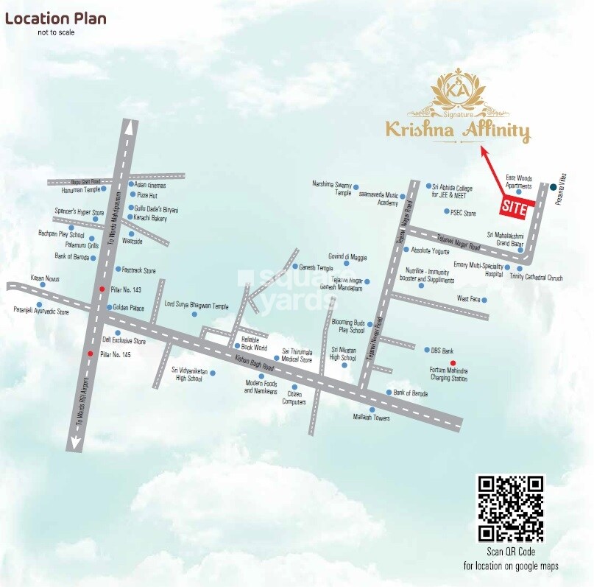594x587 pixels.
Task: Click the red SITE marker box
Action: [514, 208]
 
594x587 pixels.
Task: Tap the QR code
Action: [511, 508]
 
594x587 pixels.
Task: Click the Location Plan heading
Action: [56, 18]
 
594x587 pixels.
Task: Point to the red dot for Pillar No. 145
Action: [90, 354]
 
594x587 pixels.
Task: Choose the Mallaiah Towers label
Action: [371, 418]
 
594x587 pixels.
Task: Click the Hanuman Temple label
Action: [81, 189]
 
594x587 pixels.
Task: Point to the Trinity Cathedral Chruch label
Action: [536, 278]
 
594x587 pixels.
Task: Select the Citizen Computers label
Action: [294, 398]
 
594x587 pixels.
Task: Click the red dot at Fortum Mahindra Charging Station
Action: [453, 362]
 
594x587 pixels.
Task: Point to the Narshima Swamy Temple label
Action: [333, 188]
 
